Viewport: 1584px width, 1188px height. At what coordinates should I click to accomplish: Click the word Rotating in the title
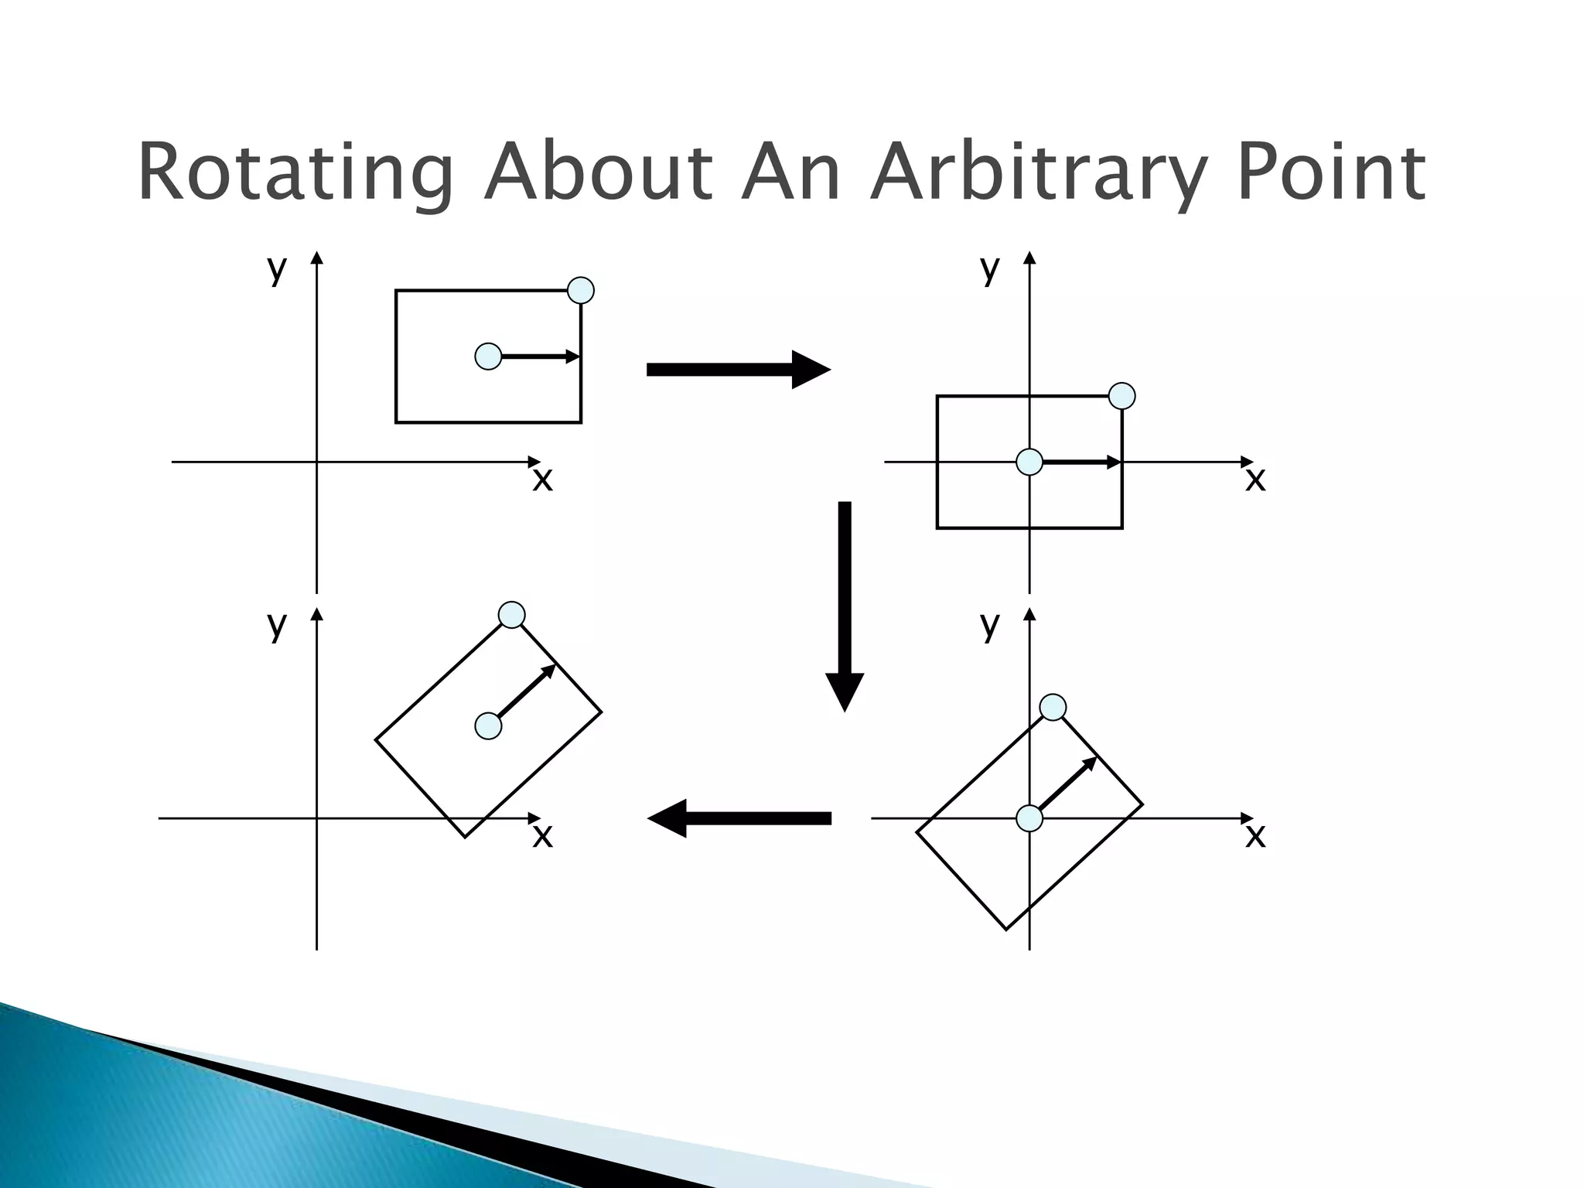(295, 173)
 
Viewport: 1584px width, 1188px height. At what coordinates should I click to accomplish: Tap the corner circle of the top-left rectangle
(581, 291)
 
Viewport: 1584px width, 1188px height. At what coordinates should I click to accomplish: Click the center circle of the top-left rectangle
(488, 357)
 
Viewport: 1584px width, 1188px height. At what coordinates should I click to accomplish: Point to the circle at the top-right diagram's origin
(1029, 462)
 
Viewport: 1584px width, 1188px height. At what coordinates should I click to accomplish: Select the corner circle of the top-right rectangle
(1122, 396)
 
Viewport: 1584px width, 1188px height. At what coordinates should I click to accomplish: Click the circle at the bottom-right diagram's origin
(1029, 818)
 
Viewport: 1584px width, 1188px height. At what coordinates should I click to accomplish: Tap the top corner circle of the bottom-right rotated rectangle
(1053, 707)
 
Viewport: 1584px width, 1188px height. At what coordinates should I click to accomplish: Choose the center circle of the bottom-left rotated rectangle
(488, 726)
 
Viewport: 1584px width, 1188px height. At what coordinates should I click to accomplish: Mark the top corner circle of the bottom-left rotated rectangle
(511, 615)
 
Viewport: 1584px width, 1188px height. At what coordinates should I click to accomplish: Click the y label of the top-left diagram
(277, 269)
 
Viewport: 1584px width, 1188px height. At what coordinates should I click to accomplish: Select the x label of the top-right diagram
(1255, 480)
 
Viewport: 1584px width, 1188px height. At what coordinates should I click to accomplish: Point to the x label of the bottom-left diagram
(543, 835)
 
